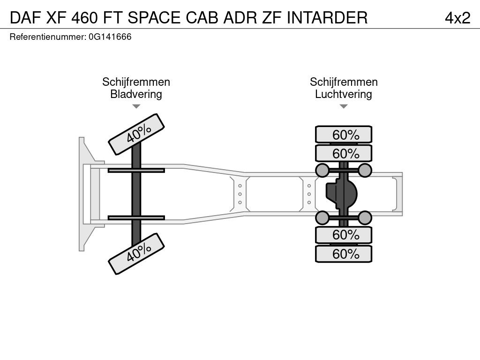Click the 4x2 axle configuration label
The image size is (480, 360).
457,18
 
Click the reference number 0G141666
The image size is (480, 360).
110,37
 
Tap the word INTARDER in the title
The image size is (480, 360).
327,18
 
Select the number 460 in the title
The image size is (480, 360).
84,18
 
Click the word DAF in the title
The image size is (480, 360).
26,18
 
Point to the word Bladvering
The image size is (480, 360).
136,94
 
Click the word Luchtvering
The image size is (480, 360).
344,94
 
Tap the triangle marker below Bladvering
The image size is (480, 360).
136,106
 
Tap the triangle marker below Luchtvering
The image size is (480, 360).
344,106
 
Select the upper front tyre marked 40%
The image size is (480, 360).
136,135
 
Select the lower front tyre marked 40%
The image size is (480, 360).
136,254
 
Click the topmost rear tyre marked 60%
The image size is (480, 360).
344,135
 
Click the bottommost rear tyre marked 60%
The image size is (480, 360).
344,254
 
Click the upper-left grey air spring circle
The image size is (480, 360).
322,170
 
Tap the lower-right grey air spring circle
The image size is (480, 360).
365,217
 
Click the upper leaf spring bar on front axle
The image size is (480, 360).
136,170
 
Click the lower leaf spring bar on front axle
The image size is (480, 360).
136,217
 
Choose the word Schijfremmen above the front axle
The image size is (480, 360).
136,82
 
